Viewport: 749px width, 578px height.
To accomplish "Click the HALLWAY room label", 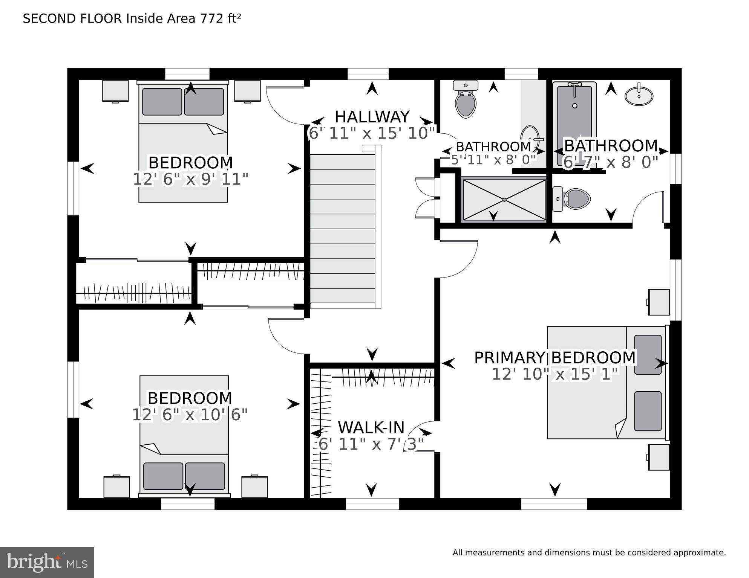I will click(372, 117).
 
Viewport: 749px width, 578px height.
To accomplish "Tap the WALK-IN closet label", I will click(371, 427).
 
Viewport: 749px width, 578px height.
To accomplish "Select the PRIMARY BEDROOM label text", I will click(555, 358).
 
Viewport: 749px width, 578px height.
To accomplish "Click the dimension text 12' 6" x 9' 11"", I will click(190, 179).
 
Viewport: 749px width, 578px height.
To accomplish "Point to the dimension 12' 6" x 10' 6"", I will click(190, 415).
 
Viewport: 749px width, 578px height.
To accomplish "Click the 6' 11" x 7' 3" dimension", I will click(371, 444).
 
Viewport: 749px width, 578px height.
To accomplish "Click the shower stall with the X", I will click(504, 199).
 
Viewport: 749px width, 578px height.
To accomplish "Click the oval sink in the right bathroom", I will click(639, 96).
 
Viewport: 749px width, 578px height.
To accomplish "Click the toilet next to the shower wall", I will click(573, 199).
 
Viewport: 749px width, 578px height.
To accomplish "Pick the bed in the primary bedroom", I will click(606, 382).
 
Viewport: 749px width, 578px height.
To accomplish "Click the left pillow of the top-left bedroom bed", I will click(162, 102).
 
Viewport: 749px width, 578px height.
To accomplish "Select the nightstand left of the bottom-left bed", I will click(116, 486).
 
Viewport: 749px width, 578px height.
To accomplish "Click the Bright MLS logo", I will click(47, 562).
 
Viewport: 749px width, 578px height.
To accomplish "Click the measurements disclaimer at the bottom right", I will click(589, 553).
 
